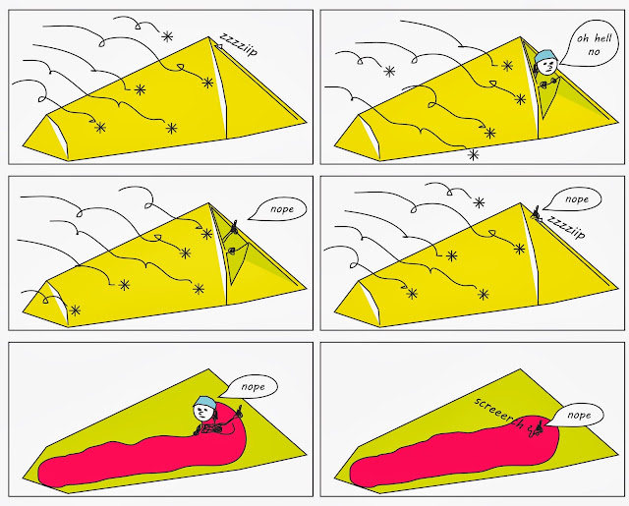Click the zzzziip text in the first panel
[x=238, y=44]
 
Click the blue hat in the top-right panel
[x=544, y=56]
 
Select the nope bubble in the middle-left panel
[x=281, y=209]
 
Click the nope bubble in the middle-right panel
[x=574, y=199]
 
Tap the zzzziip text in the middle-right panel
[x=566, y=228]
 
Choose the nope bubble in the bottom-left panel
[x=252, y=386]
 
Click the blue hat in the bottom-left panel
[x=206, y=401]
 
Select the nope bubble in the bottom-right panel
[x=577, y=415]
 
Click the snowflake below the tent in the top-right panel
[x=474, y=155]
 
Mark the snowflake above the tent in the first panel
[x=167, y=37]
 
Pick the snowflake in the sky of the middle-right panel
[x=479, y=202]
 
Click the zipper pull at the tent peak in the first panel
[x=219, y=47]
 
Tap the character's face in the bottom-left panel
[x=203, y=413]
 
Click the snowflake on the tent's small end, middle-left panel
[x=75, y=310]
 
